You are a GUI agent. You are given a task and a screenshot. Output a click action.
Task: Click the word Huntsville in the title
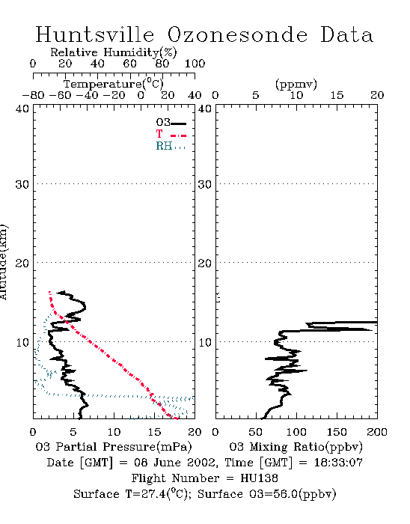tap(95, 34)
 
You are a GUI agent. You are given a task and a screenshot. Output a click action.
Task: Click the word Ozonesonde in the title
tap(237, 34)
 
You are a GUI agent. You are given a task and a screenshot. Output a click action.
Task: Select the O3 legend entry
tap(171, 123)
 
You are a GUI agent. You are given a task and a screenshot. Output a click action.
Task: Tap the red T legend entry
tap(171, 134)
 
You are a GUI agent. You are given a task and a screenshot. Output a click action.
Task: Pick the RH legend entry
tap(171, 146)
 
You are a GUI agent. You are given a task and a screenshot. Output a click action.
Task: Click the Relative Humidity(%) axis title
tap(114, 52)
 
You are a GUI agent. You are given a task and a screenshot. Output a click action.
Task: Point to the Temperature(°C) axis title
tap(114, 84)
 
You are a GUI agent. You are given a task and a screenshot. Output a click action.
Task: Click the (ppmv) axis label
tap(296, 85)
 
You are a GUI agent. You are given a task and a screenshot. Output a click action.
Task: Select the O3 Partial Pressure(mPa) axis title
tap(114, 447)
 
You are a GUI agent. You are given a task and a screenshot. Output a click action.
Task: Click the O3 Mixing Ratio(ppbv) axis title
tap(296, 447)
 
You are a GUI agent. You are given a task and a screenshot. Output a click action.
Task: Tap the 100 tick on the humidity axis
tap(195, 64)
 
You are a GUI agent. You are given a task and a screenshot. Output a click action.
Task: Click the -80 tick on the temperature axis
tap(33, 95)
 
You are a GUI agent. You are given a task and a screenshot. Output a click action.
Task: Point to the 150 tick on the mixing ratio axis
tap(337, 432)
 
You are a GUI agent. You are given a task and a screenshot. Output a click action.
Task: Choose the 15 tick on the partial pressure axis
tap(155, 432)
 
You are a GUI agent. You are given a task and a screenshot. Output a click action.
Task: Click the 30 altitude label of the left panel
tap(22, 184)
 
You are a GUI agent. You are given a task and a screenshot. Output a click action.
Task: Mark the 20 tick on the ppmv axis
tap(377, 95)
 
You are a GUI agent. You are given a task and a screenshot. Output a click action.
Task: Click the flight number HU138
tap(259, 478)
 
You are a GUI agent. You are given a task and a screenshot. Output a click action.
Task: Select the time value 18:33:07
tap(338, 463)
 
